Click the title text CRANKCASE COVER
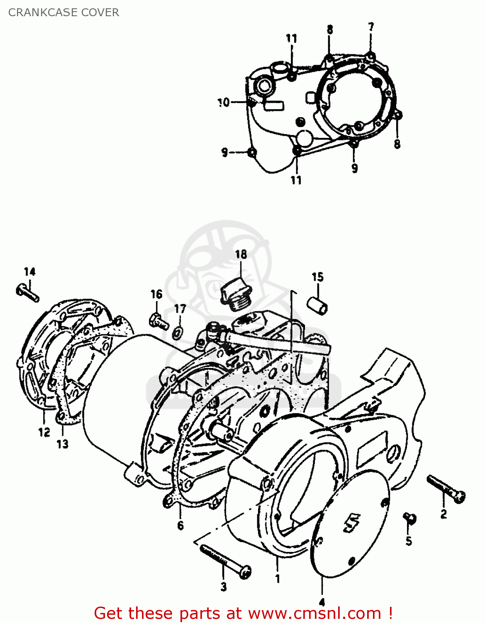[63, 12]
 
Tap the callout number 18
[241, 254]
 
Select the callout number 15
[317, 277]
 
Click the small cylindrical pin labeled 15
[317, 304]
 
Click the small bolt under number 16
[158, 321]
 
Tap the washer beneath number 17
[178, 332]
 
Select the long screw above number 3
[225, 561]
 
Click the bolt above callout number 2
[446, 489]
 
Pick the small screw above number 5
[410, 518]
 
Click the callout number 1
[278, 579]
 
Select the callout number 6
[180, 525]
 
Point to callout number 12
[44, 432]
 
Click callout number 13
[62, 444]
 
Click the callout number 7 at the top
[371, 27]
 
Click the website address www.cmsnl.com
[314, 613]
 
